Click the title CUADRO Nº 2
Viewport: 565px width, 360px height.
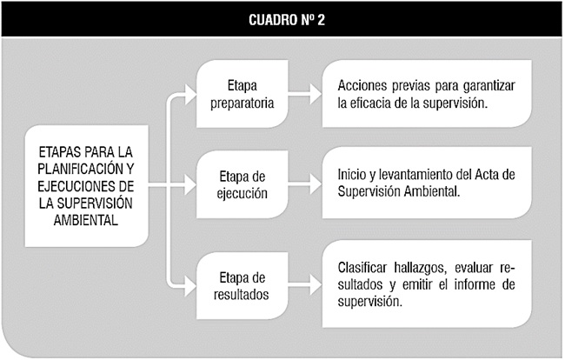287,20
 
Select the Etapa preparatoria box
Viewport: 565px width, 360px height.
243,94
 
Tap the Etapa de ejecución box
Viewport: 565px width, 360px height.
243,184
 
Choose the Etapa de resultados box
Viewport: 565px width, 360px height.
243,286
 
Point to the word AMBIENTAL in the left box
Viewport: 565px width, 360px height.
86,220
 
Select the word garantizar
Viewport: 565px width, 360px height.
489,87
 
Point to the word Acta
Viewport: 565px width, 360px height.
487,175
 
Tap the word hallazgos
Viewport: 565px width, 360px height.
421,269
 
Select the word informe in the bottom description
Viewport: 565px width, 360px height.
475,284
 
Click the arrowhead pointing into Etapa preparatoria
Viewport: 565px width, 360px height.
190,94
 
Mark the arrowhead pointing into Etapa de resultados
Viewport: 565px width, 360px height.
190,286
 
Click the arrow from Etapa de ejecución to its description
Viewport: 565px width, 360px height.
305,185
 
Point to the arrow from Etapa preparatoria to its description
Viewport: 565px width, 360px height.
305,95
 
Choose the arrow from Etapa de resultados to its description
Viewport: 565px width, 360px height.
305,286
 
